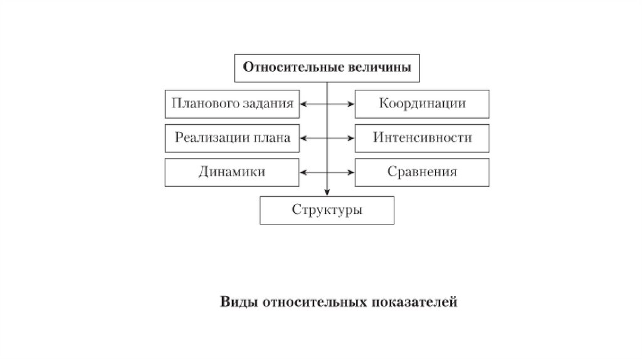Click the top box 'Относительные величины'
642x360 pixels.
pyautogui.click(x=327, y=68)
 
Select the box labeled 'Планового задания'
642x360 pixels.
pyautogui.click(x=232, y=104)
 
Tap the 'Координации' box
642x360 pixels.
pyautogui.click(x=422, y=104)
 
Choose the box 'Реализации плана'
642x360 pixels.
pyautogui.click(x=232, y=138)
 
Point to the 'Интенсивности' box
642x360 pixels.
pyautogui.click(x=422, y=138)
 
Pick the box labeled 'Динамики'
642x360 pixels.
pyautogui.click(x=232, y=172)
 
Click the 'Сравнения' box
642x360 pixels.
pyautogui.click(x=422, y=172)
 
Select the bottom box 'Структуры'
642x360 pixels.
pyautogui.click(x=327, y=210)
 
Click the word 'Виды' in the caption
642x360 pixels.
pyautogui.click(x=238, y=302)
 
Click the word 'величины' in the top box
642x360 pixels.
pyautogui.click(x=381, y=68)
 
